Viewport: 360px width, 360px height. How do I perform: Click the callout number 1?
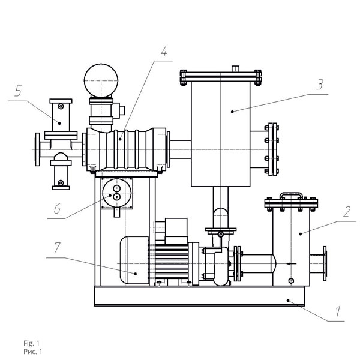pos(338,311)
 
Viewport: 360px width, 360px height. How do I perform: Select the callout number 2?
pos(347,212)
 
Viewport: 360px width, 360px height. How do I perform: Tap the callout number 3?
pos(320,84)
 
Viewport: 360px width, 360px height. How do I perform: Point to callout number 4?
pos(164,52)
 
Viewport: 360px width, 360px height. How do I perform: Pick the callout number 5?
pos(18,91)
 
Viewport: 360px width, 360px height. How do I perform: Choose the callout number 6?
pos(57,209)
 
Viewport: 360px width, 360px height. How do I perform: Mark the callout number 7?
pos(57,248)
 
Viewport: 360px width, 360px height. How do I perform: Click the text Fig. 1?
pos(31,343)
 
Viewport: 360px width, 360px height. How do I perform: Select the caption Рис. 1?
pos(33,352)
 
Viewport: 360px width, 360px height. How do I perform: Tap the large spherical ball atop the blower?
pos(101,80)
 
